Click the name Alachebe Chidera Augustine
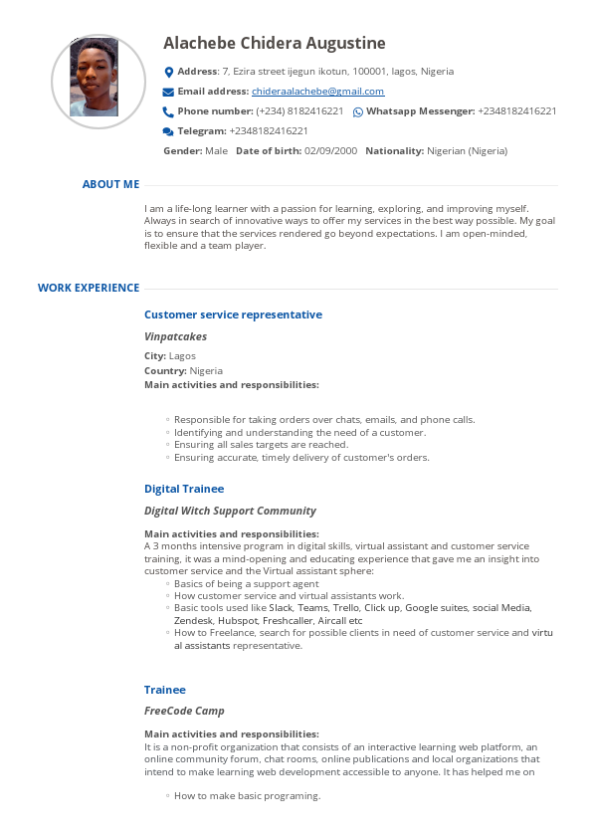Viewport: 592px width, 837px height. [275, 44]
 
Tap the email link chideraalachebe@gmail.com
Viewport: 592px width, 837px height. [317, 92]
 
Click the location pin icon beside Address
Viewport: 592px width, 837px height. [168, 72]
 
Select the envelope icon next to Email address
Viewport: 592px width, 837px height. [168, 92]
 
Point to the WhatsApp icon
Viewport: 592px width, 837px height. [358, 111]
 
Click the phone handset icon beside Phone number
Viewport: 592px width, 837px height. [168, 111]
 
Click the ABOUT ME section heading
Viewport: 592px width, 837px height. [110, 184]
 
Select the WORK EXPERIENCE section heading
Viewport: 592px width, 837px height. [89, 288]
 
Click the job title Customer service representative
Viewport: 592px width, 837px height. [233, 314]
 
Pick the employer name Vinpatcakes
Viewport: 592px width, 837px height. [175, 336]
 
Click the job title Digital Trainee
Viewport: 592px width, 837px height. [184, 489]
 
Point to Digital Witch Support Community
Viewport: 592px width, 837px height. [230, 511]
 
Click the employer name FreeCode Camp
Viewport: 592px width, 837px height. [184, 711]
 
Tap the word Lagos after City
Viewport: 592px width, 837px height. [183, 356]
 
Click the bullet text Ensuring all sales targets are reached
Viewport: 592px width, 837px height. [261, 445]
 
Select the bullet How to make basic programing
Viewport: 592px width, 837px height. [247, 796]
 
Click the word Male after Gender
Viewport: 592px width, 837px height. [216, 151]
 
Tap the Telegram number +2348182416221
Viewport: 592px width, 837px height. [269, 131]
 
